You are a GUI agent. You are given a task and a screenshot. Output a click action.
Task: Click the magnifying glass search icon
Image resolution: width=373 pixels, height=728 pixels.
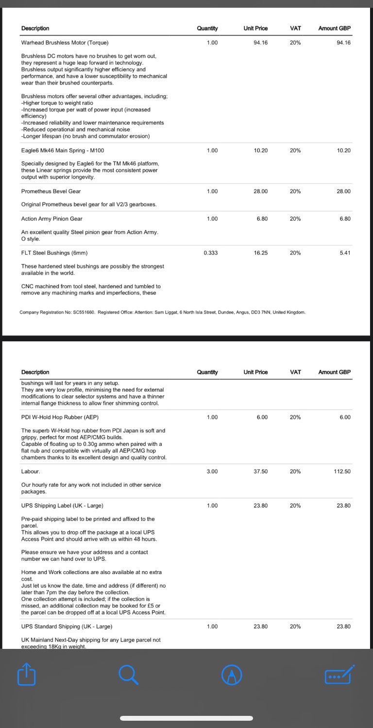click(x=128, y=675)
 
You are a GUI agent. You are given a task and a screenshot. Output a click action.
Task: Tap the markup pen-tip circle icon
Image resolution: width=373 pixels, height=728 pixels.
click(x=232, y=675)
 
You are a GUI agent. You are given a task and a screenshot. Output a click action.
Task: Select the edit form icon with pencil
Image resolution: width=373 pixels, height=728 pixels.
click(x=339, y=675)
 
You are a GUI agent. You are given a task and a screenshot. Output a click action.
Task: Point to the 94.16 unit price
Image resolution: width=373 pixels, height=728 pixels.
click(x=260, y=43)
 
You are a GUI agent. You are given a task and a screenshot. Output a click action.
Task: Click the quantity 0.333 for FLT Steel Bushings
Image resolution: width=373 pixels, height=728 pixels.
click(x=212, y=253)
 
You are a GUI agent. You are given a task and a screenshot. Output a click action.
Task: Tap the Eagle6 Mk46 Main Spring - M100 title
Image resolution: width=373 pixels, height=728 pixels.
click(x=63, y=150)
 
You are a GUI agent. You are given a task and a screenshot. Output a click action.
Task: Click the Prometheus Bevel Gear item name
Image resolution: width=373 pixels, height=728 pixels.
click(x=51, y=191)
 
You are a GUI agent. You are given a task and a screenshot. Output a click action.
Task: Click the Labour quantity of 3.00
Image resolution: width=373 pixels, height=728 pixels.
click(x=212, y=471)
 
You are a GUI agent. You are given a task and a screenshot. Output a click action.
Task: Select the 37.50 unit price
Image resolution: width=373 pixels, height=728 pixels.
click(x=260, y=471)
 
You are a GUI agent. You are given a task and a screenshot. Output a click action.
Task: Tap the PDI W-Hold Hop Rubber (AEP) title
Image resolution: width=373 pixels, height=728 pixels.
click(x=60, y=417)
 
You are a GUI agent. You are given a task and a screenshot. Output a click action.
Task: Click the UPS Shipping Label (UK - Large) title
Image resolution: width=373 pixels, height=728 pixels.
click(x=62, y=506)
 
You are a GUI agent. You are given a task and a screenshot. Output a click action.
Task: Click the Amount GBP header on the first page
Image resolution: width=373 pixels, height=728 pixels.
click(x=334, y=28)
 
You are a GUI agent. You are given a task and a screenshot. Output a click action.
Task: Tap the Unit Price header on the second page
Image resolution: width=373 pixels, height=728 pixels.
click(x=255, y=372)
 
